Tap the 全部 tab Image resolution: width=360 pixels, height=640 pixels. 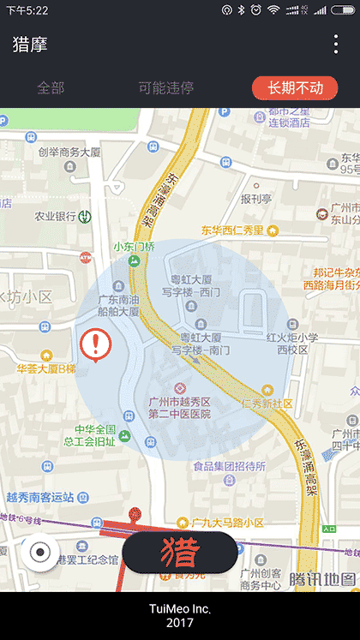point(51,87)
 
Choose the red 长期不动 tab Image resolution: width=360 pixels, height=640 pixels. point(295,87)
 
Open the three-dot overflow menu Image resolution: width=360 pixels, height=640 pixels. point(336,45)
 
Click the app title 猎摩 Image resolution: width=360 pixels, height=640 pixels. point(30,45)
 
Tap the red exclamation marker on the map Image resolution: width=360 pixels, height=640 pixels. point(94,344)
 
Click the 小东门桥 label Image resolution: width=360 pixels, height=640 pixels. point(135,247)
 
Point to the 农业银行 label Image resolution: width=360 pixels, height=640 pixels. point(56,217)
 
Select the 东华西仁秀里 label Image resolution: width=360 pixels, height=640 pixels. point(232,230)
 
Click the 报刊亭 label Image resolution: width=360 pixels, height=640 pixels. point(255,200)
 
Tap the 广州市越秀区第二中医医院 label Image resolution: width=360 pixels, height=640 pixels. point(179,408)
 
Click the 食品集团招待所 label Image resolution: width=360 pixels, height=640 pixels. point(229,467)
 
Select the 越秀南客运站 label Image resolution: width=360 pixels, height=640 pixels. point(40,497)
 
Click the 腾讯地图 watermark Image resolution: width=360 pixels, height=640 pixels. point(321,579)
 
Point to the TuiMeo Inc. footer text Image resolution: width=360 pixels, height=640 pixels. point(180,609)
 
